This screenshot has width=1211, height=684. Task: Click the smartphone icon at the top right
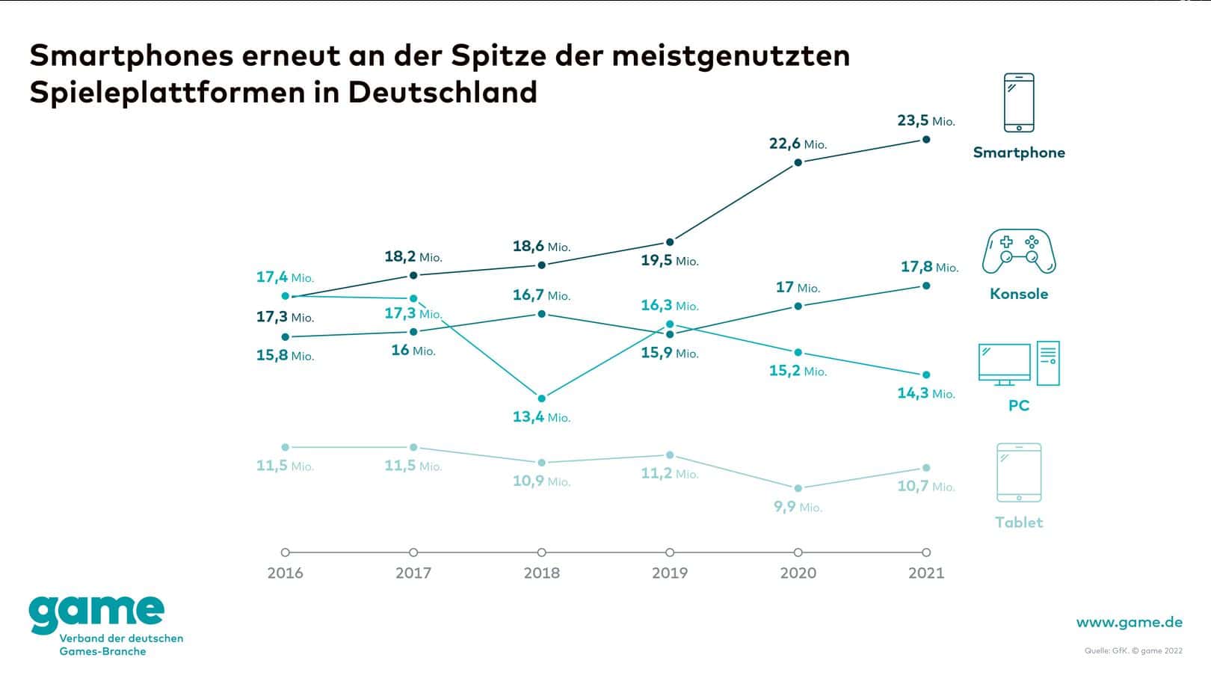tap(1019, 102)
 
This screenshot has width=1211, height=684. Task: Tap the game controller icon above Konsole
tap(1019, 251)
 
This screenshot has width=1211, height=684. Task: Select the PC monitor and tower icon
tap(1019, 364)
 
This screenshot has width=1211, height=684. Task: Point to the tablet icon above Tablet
tap(1019, 472)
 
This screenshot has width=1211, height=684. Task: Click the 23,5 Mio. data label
tap(925, 121)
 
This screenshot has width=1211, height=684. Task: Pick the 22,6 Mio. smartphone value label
tap(798, 144)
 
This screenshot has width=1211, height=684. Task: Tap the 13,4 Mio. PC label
tap(541, 417)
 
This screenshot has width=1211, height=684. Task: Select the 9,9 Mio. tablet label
tap(798, 507)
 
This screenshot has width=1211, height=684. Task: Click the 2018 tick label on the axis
tap(541, 573)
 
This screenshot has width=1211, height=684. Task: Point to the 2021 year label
tap(926, 573)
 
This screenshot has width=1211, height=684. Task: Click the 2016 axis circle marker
tap(285, 552)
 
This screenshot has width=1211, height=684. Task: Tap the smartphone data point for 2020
tap(798, 162)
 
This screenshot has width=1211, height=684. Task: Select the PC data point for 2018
tap(541, 398)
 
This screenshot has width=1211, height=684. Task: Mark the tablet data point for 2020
tap(798, 488)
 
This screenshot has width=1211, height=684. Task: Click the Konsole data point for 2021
tap(926, 286)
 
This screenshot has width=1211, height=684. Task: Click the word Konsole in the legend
tap(1019, 294)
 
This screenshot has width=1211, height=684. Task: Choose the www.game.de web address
tap(1129, 622)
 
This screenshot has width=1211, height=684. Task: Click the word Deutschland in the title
tap(443, 93)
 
